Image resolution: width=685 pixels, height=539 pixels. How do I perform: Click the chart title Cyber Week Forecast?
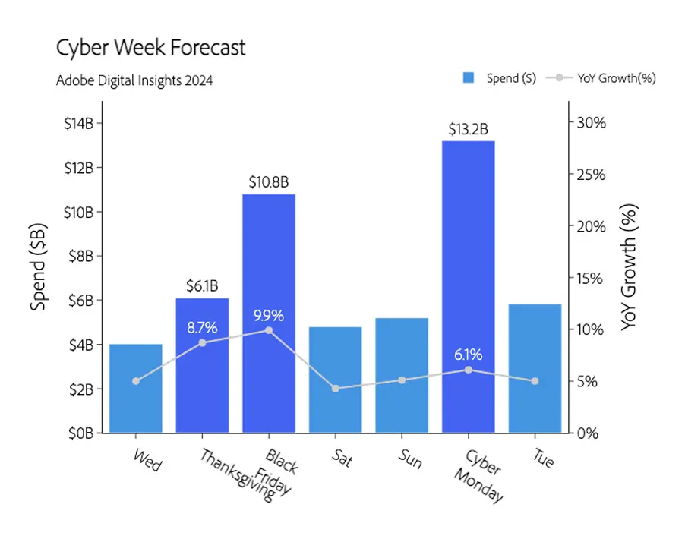click(x=151, y=48)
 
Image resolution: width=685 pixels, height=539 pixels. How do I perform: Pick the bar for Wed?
click(x=136, y=389)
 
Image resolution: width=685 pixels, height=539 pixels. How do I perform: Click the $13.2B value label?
click(x=468, y=129)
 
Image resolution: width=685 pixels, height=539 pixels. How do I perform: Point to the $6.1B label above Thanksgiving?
click(x=202, y=286)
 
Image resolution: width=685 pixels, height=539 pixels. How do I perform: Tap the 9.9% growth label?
click(x=268, y=315)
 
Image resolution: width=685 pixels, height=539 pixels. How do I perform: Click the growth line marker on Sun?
click(x=402, y=380)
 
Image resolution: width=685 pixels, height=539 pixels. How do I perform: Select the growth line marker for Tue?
click(x=535, y=381)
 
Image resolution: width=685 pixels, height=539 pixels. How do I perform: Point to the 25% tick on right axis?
click(x=589, y=175)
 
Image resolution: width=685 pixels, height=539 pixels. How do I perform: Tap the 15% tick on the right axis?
click(x=589, y=278)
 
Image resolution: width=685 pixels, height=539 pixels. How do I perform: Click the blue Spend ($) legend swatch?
click(x=469, y=77)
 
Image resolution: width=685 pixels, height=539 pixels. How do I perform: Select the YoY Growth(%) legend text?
click(x=616, y=77)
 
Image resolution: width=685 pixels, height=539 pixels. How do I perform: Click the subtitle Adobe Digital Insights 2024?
click(x=134, y=80)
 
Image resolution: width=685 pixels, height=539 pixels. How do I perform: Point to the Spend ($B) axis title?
click(x=39, y=266)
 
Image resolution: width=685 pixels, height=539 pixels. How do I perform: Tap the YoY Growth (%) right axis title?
click(x=629, y=266)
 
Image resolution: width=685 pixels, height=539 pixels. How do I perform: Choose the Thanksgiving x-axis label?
click(x=236, y=475)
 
